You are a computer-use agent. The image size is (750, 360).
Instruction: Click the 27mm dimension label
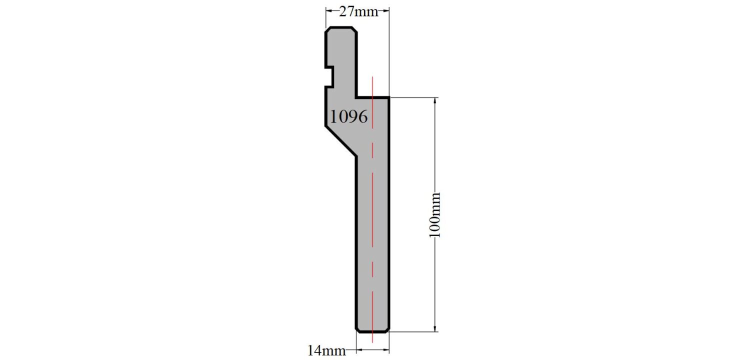[x=358, y=12]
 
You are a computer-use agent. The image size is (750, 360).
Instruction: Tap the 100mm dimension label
[x=434, y=215]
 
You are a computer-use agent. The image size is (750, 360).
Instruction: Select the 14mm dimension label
[x=326, y=350]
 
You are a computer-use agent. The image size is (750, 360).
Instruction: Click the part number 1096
[x=348, y=116]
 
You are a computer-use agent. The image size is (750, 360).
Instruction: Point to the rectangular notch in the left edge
[x=329, y=77]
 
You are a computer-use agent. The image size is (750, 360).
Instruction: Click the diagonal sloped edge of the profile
[x=341, y=141]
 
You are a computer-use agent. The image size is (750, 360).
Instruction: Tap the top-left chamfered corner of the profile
[x=328, y=29]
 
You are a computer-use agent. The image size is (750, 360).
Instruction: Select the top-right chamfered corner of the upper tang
[x=354, y=29]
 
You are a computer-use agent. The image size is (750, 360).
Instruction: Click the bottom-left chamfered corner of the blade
[x=357, y=330]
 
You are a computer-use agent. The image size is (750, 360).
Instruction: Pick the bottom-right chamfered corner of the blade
[x=387, y=330]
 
